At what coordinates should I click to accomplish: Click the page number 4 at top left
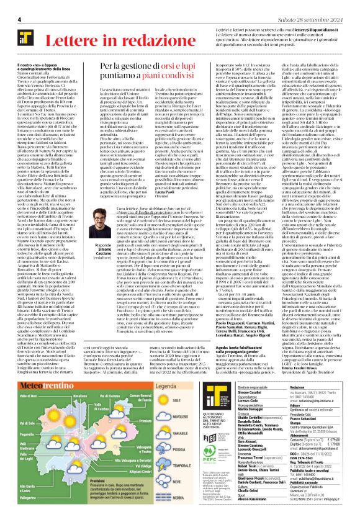(x=20, y=20)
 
